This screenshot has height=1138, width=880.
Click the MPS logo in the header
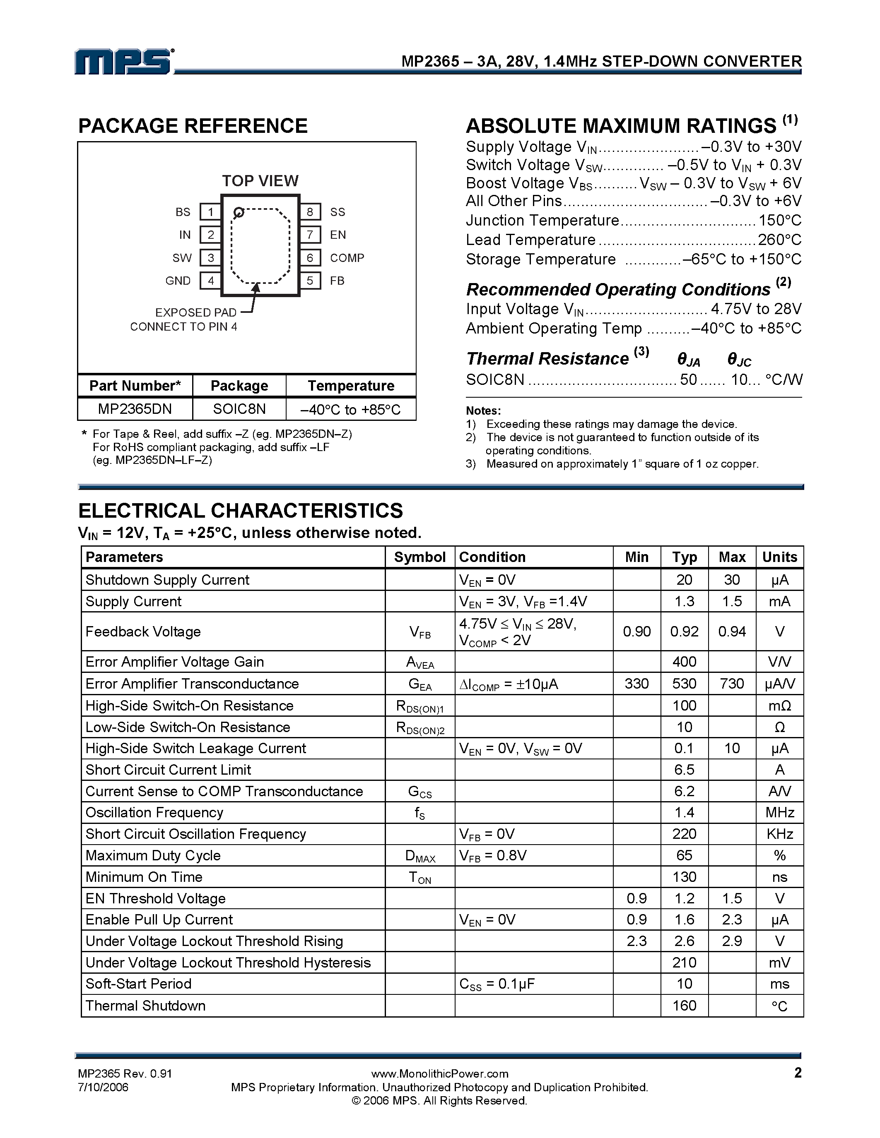[123, 62]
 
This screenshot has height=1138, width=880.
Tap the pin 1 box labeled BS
[211, 212]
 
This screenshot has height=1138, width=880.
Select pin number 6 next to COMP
[310, 258]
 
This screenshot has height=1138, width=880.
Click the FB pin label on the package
[337, 281]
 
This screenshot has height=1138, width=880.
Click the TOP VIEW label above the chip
[260, 181]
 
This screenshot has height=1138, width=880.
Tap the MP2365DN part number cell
[135, 409]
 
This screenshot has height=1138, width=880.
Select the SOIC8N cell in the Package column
[239, 409]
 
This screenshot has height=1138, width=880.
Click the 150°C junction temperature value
[779, 221]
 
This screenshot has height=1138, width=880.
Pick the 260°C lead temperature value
[779, 240]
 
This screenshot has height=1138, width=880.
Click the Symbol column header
[420, 557]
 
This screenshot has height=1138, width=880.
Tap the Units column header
[779, 557]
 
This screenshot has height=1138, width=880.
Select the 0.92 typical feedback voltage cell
[684, 631]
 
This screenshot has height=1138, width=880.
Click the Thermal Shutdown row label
[145, 1006]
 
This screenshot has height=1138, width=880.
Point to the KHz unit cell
[779, 834]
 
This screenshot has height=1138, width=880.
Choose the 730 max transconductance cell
[731, 684]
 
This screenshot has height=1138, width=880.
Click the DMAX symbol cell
[420, 856]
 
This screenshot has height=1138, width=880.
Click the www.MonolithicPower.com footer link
[439, 1073]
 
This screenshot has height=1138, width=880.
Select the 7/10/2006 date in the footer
[103, 1088]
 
